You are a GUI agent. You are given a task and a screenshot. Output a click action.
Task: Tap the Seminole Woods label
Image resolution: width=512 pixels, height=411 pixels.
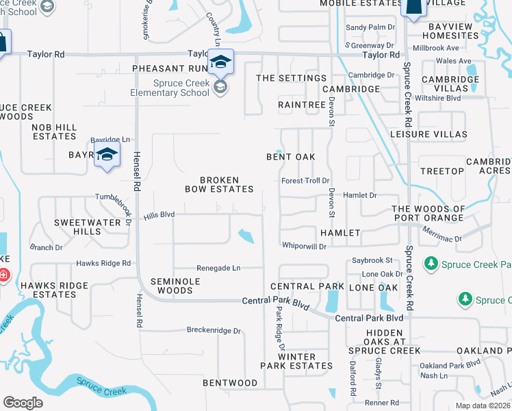pos(175,286)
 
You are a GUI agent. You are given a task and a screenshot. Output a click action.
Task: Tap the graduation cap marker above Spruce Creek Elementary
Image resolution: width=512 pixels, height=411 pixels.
pos(221,62)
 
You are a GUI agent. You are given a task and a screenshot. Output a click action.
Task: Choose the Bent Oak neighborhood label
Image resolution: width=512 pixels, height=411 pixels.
pos(291,157)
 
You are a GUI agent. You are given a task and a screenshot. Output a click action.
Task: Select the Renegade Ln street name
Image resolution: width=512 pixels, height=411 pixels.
pos(218,268)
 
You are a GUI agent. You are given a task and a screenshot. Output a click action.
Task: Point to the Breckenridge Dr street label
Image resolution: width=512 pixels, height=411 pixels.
pos(214,330)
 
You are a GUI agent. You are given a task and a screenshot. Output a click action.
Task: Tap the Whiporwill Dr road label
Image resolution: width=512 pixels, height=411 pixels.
pos(304,246)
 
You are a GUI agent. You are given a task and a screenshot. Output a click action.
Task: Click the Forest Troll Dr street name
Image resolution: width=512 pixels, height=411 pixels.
pos(305,181)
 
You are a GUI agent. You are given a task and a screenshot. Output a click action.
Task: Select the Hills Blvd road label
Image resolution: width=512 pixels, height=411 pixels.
pos(159,215)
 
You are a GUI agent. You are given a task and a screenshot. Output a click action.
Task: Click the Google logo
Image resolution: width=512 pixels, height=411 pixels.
pos(23,403)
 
